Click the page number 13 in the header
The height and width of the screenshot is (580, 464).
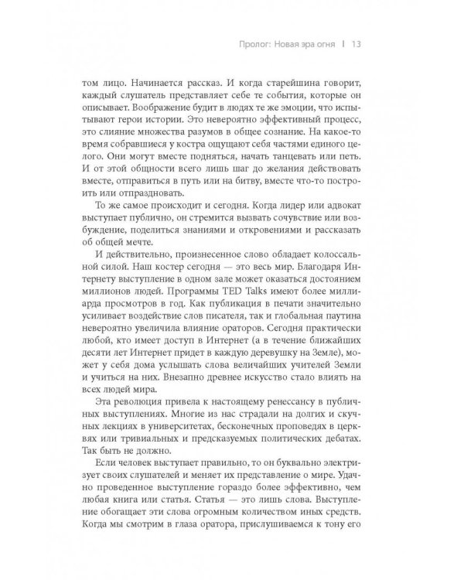(x=357, y=43)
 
